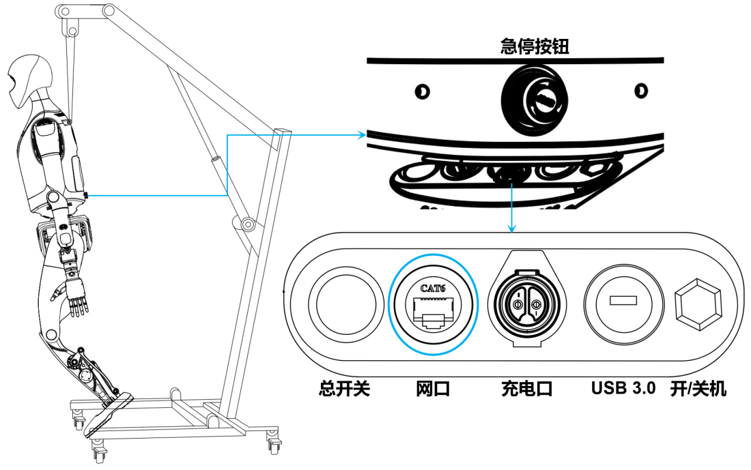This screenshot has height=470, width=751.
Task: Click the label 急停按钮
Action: click(535, 46)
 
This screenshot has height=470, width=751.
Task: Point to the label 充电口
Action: click(526, 389)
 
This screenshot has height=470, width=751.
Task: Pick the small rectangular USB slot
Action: click(623, 299)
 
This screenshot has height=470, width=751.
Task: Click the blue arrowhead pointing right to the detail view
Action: click(363, 135)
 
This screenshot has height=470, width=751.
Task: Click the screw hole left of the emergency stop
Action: click(422, 91)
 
